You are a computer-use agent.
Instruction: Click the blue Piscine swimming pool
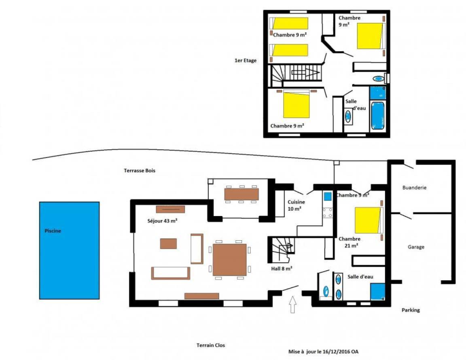[x=69, y=250]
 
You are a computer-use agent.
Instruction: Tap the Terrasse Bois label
[x=140, y=171]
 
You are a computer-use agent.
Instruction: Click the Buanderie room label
[x=414, y=188]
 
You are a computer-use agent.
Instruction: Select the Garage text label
[x=416, y=247]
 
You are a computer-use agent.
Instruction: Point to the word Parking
[x=411, y=310]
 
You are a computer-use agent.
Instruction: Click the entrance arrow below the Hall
[x=293, y=304]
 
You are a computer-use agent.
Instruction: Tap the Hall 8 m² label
[x=282, y=269]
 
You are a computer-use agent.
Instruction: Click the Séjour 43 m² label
[x=162, y=221]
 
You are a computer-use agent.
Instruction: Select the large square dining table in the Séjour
[x=229, y=260]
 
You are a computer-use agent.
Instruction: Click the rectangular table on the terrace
[x=241, y=194]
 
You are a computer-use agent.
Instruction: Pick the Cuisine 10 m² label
[x=296, y=205]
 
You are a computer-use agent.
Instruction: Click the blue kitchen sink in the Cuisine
[x=328, y=197]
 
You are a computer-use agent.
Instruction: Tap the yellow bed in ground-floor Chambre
[x=368, y=220]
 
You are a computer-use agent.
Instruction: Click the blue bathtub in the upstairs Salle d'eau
[x=378, y=116]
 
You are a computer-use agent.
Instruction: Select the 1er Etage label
[x=246, y=60]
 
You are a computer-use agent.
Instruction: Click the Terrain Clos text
[x=211, y=345]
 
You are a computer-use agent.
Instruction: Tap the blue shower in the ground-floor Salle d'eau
[x=378, y=292]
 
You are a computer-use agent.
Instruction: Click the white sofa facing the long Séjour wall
[x=171, y=273]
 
